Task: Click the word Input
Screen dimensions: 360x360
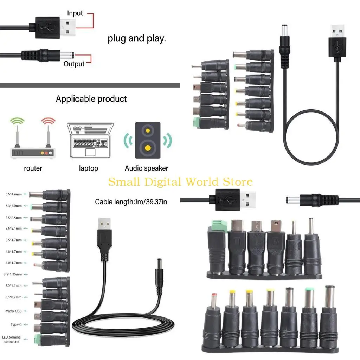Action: point(75,13)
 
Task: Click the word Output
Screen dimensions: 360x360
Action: point(74,64)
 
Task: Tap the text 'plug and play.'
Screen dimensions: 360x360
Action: point(136,38)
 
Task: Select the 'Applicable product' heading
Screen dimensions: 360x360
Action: point(91,99)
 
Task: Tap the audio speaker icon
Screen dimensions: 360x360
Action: point(148,140)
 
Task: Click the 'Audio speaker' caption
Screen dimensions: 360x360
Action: point(146,168)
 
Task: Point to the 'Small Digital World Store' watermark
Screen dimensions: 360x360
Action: point(180,182)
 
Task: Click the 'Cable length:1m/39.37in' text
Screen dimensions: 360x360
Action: point(131,202)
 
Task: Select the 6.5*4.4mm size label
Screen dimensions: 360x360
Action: point(13,194)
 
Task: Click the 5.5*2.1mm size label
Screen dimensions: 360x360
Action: point(13,229)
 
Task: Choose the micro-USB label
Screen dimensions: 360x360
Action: point(14,311)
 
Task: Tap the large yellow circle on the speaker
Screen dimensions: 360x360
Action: point(148,147)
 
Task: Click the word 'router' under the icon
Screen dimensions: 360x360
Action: point(33,168)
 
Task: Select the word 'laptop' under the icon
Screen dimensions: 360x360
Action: point(88,168)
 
